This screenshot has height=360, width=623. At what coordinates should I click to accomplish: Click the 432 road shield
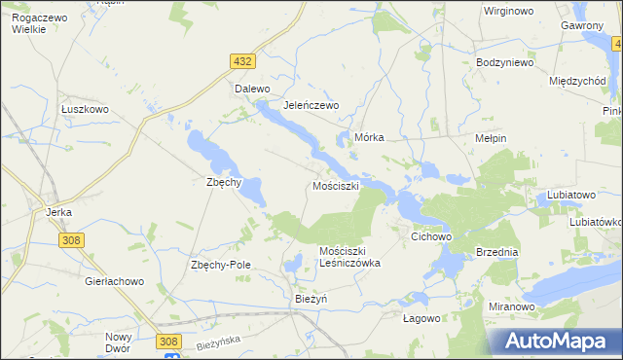[x=243, y=61]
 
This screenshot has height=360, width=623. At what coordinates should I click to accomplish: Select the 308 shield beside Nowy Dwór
[x=168, y=341]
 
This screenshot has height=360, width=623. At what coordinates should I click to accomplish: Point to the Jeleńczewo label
[x=310, y=105]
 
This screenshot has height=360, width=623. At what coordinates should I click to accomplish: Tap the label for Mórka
[x=370, y=138]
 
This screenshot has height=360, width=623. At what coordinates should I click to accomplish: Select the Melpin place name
[x=490, y=139]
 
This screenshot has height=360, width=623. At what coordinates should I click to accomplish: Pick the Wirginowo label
[x=512, y=12]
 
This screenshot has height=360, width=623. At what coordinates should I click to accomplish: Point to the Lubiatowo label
[x=570, y=195]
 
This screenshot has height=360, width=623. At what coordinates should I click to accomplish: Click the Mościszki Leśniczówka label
[x=349, y=257]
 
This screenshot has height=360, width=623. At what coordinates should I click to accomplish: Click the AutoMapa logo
[x=554, y=342]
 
